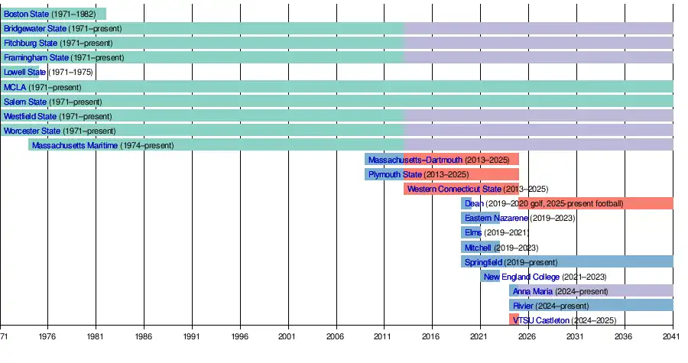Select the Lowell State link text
[x=24, y=73]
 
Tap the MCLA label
[x=15, y=87]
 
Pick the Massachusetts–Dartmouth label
[x=415, y=160]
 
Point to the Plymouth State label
[x=390, y=175]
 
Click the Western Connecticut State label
[x=454, y=190]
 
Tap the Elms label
[x=473, y=233]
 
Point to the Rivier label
[x=523, y=306]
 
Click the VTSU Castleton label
[x=541, y=320]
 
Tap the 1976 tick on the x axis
[x=47, y=336]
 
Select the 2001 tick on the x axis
[x=287, y=336]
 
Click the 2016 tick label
[x=431, y=336]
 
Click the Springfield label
[x=483, y=262]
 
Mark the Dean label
[x=474, y=204]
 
